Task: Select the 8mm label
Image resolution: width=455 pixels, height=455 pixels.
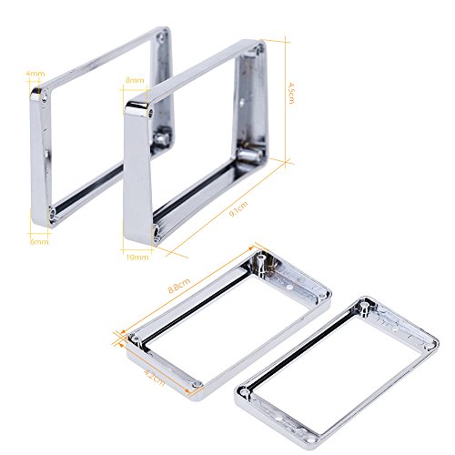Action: [135, 80]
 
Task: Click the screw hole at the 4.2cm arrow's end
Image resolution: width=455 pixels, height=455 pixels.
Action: [195, 389]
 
